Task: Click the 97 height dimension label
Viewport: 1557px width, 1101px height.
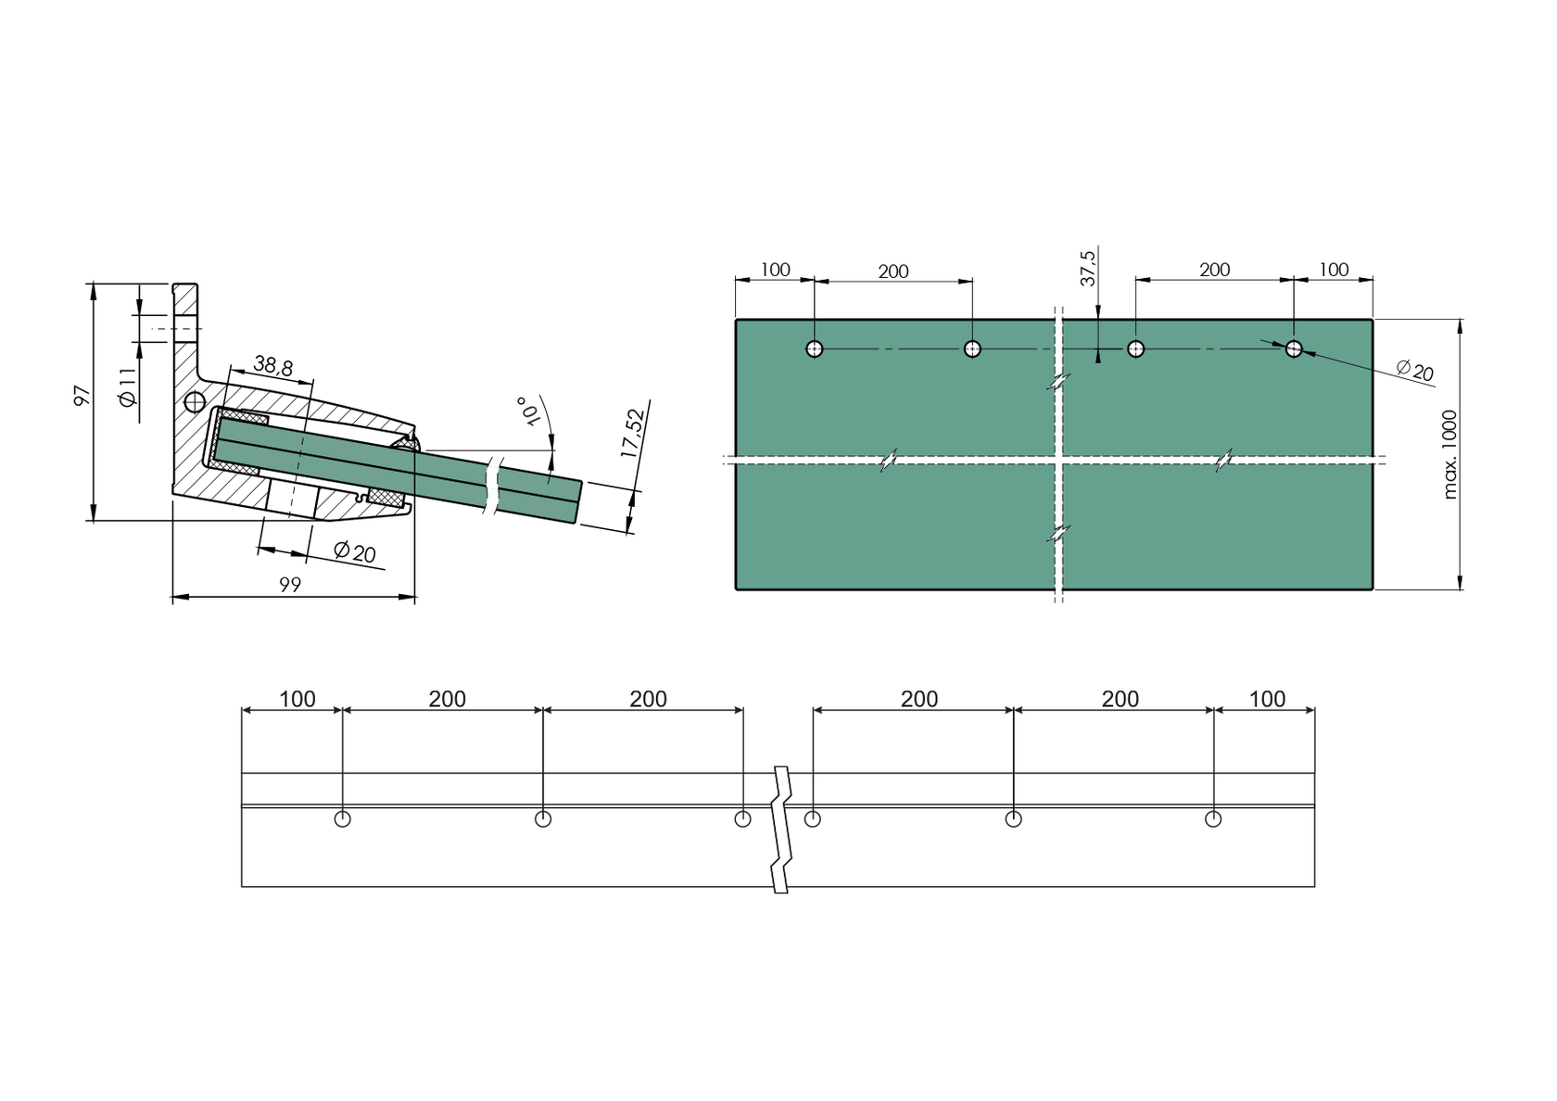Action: click(82, 396)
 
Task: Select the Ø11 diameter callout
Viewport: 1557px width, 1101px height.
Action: click(128, 386)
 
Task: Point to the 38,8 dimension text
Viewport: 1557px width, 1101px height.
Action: click(272, 367)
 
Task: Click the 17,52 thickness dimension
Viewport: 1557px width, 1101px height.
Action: click(633, 433)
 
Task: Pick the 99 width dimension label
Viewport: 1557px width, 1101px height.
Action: click(290, 585)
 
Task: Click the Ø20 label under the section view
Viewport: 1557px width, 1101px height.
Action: click(355, 552)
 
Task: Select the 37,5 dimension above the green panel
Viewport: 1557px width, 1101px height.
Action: click(1088, 268)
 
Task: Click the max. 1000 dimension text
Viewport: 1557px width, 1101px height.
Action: click(1450, 454)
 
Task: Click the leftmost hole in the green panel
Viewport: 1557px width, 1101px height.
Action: click(815, 349)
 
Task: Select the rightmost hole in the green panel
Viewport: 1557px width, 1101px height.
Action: click(1294, 349)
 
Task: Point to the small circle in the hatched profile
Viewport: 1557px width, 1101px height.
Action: click(195, 402)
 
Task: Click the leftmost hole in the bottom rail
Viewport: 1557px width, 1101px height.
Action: click(342, 819)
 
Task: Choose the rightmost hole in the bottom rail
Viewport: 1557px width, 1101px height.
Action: click(1212, 819)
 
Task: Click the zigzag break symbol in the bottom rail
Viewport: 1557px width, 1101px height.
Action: click(782, 829)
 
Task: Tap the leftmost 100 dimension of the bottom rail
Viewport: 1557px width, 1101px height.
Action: click(297, 699)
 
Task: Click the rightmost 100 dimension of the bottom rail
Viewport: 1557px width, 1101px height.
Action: click(1267, 699)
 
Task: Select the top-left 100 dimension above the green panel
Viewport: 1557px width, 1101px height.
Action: click(776, 270)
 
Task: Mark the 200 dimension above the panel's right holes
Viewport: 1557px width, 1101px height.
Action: click(1214, 270)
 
